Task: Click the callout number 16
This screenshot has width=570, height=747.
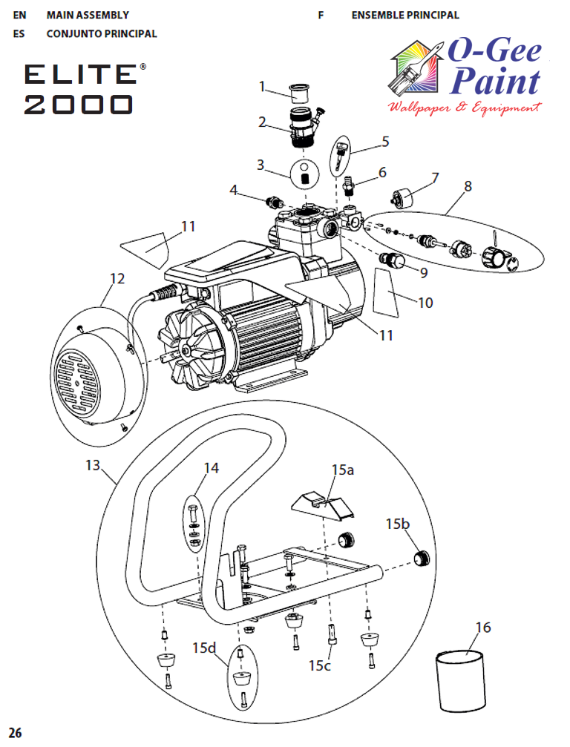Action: click(482, 628)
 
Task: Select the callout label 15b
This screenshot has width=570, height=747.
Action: click(397, 524)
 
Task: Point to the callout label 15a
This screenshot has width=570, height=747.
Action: click(343, 470)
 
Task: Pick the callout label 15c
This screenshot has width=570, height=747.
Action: click(320, 665)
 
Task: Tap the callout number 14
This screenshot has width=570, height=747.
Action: click(212, 468)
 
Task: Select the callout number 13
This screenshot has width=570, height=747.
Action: click(92, 465)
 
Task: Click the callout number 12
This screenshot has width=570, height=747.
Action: click(117, 279)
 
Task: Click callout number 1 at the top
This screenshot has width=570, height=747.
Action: click(262, 87)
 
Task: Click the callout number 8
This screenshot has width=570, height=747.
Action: click(468, 186)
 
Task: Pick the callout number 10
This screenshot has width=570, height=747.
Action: click(425, 303)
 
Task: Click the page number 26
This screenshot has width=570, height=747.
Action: click(16, 734)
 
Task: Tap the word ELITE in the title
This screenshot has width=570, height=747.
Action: click(79, 74)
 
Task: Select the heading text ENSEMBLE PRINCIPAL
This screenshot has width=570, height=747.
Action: click(404, 15)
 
